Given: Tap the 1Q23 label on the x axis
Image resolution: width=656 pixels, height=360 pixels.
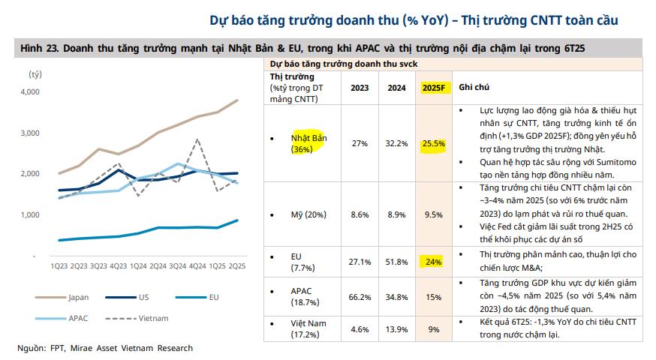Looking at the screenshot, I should pyautogui.click(x=59, y=265).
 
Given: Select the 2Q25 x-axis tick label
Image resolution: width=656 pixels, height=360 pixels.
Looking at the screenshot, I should pyautogui.click(x=237, y=265).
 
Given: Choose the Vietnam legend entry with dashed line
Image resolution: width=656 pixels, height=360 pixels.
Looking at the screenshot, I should pyautogui.click(x=153, y=318).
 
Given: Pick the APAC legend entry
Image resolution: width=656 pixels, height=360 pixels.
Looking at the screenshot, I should pyautogui.click(x=77, y=318).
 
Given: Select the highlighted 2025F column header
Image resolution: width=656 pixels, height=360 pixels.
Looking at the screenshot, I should pyautogui.click(x=434, y=88).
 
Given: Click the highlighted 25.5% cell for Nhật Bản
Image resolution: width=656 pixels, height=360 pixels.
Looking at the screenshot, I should pyautogui.click(x=434, y=143).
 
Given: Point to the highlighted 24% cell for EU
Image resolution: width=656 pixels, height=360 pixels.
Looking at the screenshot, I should pyautogui.click(x=434, y=262).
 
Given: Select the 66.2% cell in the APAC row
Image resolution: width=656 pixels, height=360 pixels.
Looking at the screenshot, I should pyautogui.click(x=360, y=298).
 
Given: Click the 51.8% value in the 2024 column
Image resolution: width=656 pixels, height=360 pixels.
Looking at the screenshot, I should pyautogui.click(x=396, y=262).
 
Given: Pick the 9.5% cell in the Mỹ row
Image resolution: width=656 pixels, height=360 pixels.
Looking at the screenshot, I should pyautogui.click(x=434, y=214).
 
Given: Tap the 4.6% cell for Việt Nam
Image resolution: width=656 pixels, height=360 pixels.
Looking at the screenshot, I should pyautogui.click(x=360, y=329).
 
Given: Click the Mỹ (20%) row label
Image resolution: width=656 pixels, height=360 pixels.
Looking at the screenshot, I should pyautogui.click(x=309, y=214).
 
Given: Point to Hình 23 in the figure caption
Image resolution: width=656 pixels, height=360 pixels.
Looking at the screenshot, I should pyautogui.click(x=38, y=49).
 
